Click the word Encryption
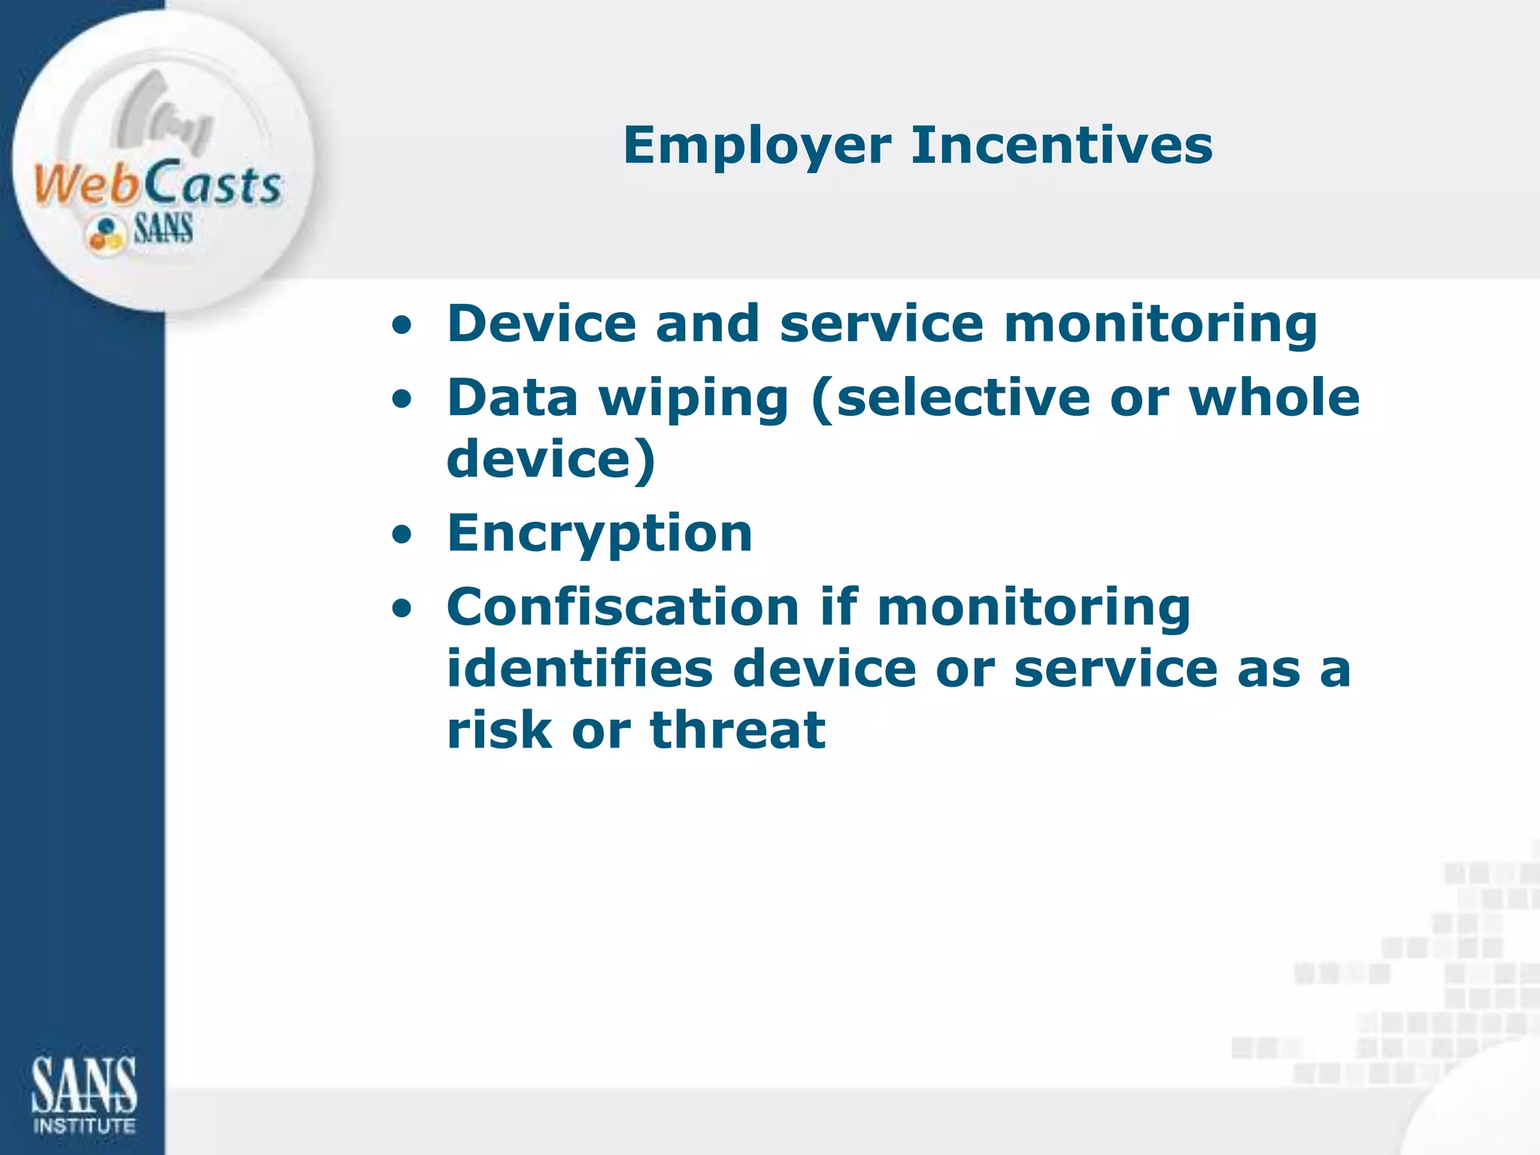click(599, 533)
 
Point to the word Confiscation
click(623, 607)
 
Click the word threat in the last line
click(738, 730)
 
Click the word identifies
click(579, 668)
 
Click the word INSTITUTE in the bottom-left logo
click(84, 1126)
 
